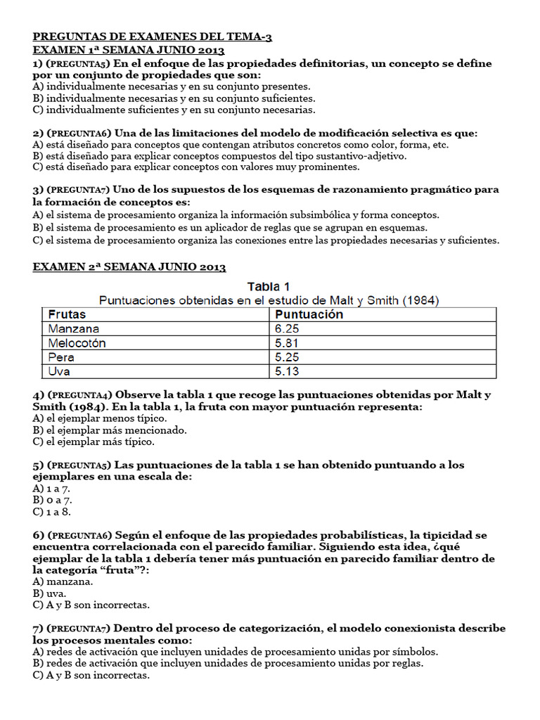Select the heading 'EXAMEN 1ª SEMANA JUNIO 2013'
128,51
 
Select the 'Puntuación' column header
309,314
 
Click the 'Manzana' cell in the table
74,328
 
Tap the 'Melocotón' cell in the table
77,342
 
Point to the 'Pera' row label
61,356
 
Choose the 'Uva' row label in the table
60,371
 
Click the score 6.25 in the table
288,328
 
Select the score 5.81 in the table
288,342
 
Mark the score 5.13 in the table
288,371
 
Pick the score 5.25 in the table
288,356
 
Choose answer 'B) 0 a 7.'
52,500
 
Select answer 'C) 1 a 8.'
52,512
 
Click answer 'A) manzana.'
63,581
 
